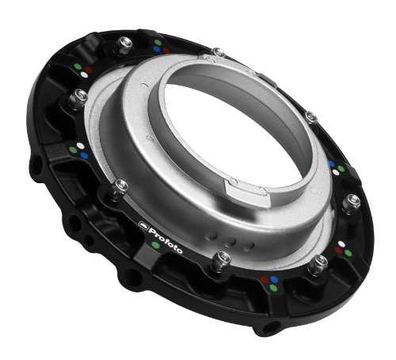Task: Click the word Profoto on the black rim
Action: (x=166, y=239)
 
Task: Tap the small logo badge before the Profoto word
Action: (x=143, y=224)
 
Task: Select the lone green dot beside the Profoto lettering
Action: (x=156, y=245)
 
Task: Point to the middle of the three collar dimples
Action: (x=230, y=242)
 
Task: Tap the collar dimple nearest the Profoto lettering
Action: (x=212, y=236)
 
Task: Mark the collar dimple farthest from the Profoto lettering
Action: (x=248, y=247)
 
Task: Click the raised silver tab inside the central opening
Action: (x=247, y=190)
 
